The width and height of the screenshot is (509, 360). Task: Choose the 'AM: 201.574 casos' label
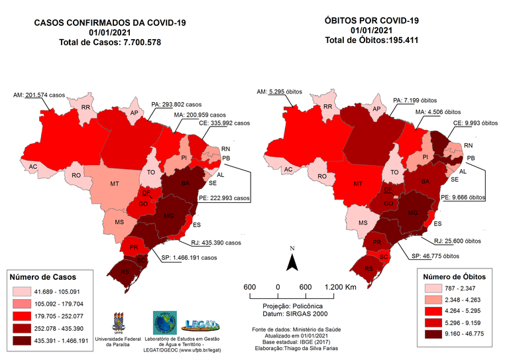click(x=44, y=95)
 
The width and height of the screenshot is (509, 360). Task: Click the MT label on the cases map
click(x=115, y=182)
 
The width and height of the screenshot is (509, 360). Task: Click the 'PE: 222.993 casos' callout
click(x=224, y=198)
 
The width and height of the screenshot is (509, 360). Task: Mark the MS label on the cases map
click(x=119, y=221)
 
